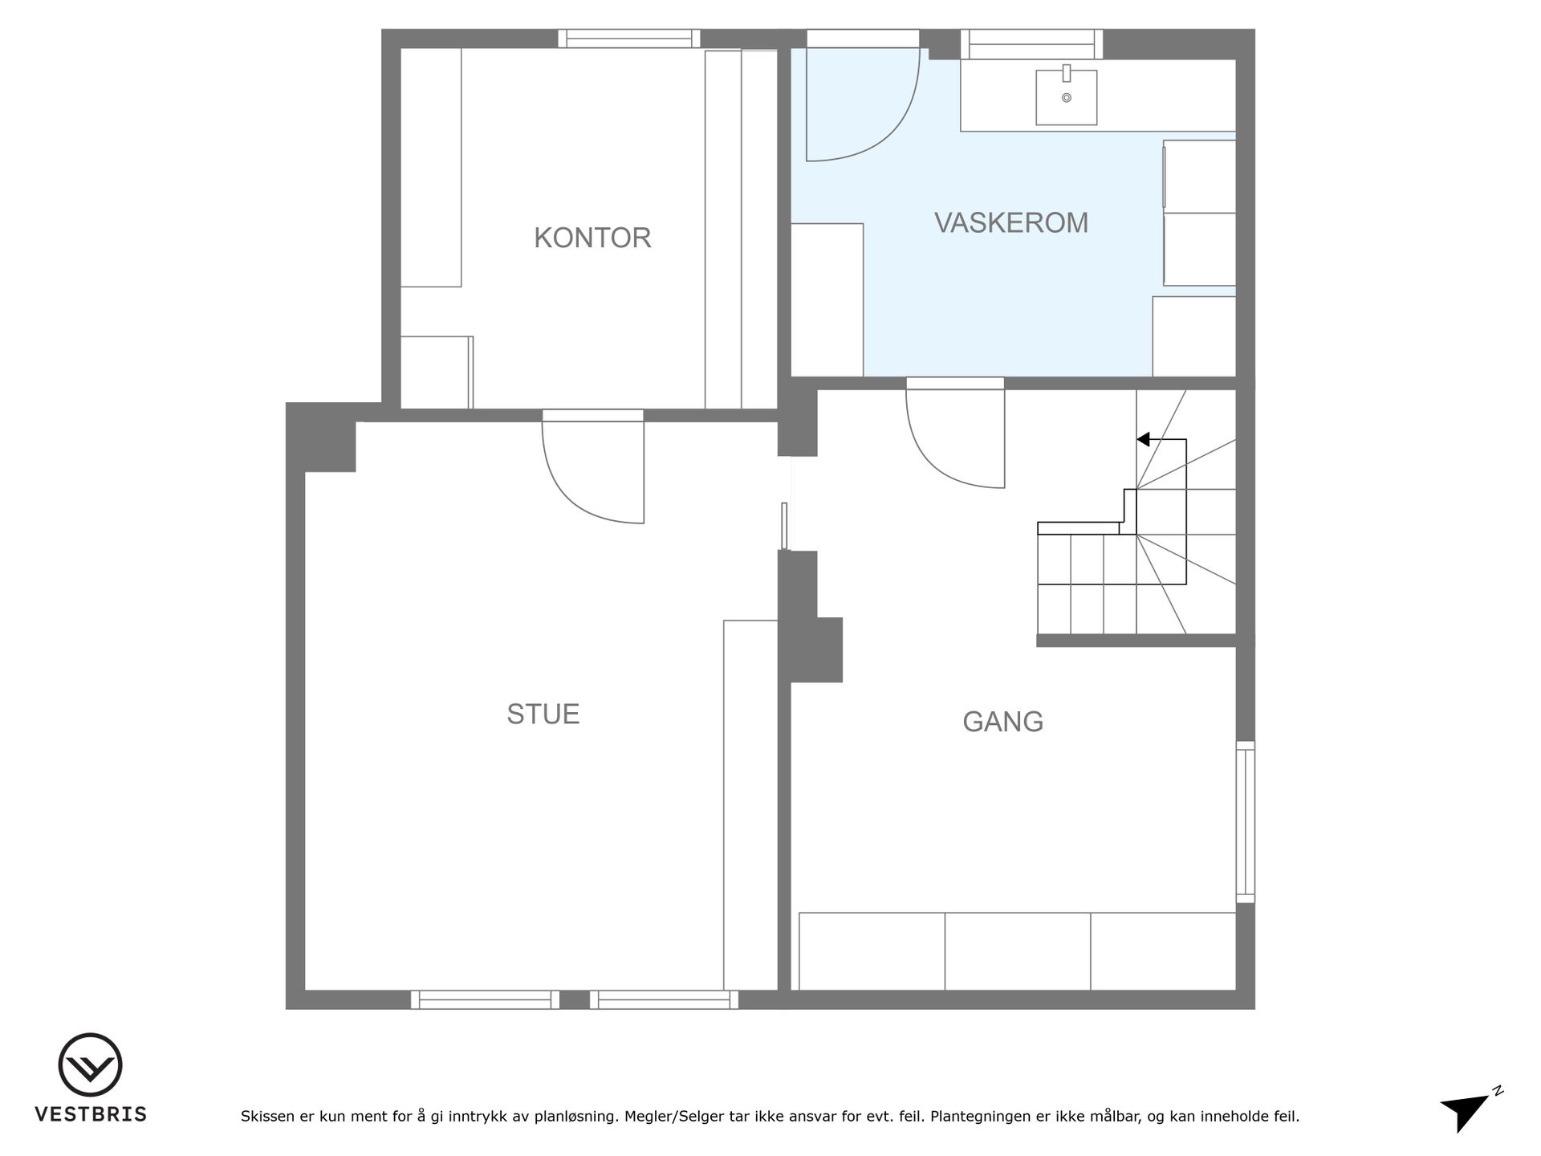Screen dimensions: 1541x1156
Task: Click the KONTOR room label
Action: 592,238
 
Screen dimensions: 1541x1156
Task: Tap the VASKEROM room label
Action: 1011,222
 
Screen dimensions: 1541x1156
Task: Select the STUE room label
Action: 543,714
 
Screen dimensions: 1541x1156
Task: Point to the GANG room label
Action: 1003,722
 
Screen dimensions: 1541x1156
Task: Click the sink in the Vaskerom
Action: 1066,96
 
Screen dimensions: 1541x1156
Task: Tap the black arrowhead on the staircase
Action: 1144,439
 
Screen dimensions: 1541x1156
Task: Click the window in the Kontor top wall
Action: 629,39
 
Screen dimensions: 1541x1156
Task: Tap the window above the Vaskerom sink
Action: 1031,44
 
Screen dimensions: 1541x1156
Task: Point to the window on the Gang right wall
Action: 1245,821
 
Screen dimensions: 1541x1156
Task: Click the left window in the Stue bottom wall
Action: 485,999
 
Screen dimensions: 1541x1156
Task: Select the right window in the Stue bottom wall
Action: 664,999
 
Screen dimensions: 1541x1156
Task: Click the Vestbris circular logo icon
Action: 90,1064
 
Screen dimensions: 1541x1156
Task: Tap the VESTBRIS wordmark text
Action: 91,1114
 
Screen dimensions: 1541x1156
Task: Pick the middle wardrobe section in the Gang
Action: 1018,951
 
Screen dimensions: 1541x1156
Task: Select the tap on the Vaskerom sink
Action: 1067,73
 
